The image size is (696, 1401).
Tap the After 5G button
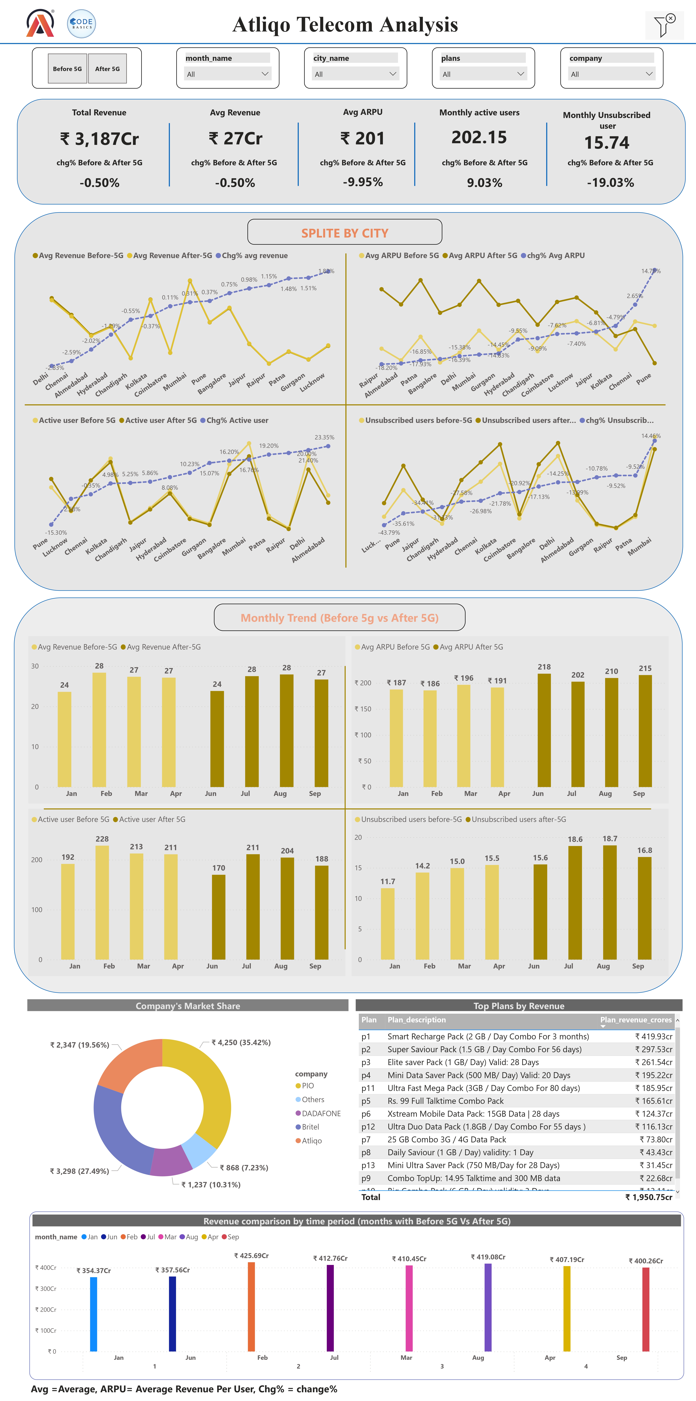tap(107, 69)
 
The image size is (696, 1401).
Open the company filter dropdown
tap(611, 74)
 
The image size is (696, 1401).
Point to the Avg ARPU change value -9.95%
tap(362, 182)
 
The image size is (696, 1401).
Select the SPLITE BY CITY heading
tap(344, 233)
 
